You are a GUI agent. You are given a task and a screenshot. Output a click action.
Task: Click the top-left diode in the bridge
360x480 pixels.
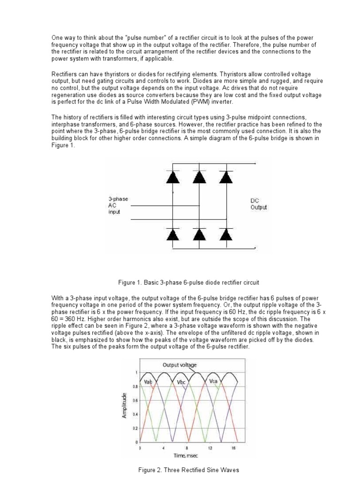coord(173,177)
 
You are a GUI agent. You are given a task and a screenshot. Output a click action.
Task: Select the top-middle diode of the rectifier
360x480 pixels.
coord(200,177)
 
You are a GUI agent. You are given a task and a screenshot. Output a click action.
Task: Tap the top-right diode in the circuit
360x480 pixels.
coord(226,177)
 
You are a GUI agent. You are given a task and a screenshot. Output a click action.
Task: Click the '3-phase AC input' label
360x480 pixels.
coord(118,205)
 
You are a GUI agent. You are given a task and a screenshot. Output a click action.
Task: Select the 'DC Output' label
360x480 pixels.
coord(259,204)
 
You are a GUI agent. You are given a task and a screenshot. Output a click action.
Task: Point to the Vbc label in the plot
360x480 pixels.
coord(182,382)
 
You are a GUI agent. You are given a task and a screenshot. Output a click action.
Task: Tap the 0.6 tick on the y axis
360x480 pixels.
coord(135,400)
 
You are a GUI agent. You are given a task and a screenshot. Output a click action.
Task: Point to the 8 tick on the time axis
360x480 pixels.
coord(187,448)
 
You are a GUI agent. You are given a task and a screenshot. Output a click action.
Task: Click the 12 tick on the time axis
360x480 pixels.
coord(210,448)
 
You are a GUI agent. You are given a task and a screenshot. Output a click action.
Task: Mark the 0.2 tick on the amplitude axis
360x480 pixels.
coord(135,428)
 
